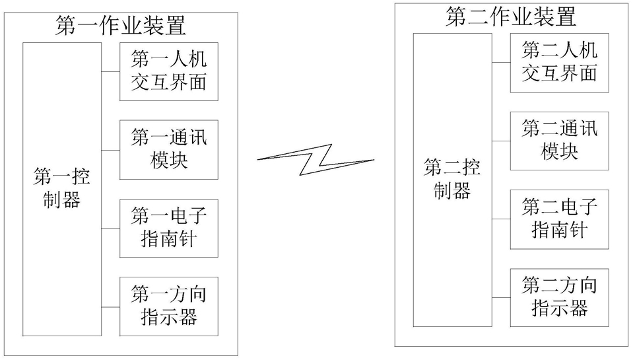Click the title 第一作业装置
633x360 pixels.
tap(121, 25)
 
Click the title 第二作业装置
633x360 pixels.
tap(511, 17)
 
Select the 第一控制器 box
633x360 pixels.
tap(62, 189)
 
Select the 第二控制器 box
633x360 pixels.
tap(452, 180)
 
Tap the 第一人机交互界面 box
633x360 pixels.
tap(169, 71)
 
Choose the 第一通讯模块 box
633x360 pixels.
tap(169, 149)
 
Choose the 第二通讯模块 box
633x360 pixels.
tap(559, 140)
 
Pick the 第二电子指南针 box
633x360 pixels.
tap(559, 218)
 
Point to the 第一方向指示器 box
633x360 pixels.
tap(169, 305)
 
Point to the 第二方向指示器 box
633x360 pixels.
tap(559, 297)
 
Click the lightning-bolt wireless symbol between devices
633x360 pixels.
tap(316, 159)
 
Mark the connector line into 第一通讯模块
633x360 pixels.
tap(110, 149)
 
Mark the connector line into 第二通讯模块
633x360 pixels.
tap(500, 140)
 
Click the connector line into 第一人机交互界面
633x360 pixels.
tap(110, 71)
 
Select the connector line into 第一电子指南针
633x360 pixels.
tap(110, 227)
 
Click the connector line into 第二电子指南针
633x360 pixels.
tap(500, 218)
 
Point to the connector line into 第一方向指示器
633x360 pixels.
tap(110, 305)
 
